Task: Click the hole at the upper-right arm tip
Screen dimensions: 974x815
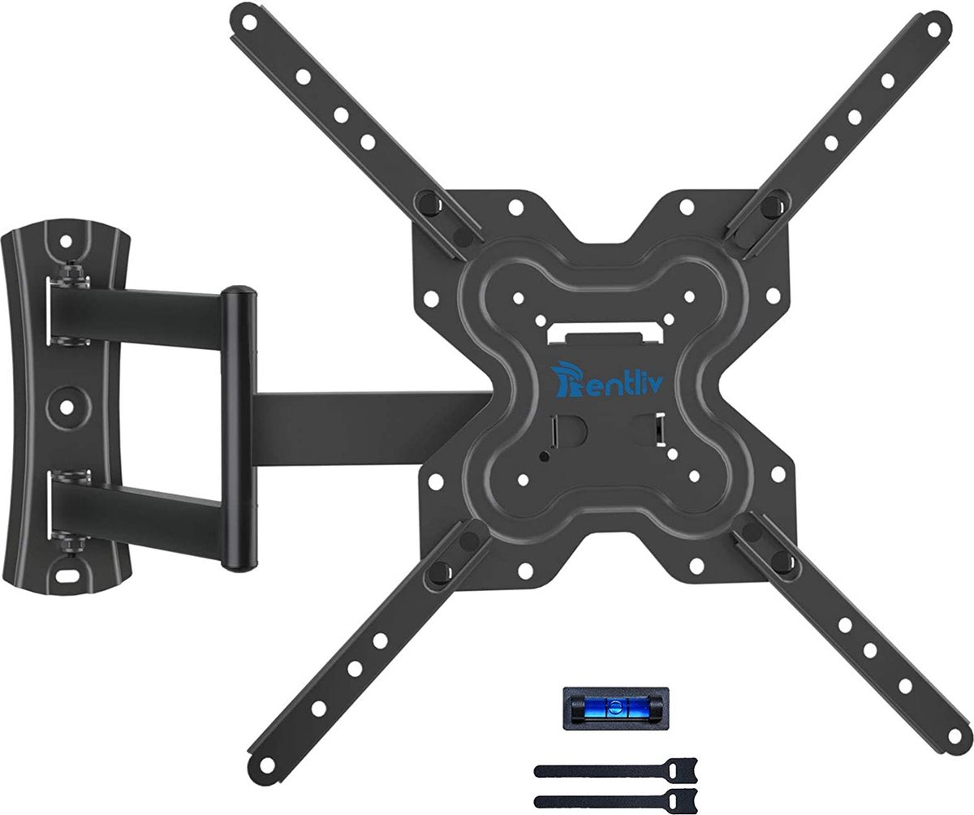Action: pyautogui.click(x=933, y=29)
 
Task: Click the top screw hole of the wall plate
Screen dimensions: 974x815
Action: pyautogui.click(x=66, y=242)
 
